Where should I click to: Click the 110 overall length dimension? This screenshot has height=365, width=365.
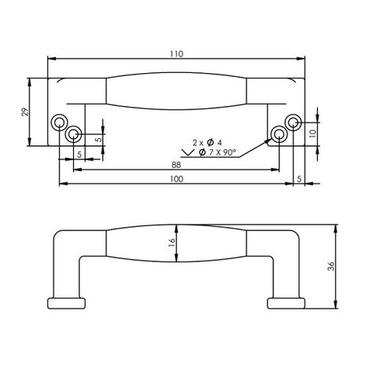[x=176, y=53]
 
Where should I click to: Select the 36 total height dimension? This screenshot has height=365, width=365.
[x=330, y=266]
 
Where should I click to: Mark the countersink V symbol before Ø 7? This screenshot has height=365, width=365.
[x=188, y=151]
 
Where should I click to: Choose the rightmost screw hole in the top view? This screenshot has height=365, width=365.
[x=293, y=122]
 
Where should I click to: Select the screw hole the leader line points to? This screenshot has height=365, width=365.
[x=278, y=134]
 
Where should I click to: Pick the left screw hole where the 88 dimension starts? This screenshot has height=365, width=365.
[x=75, y=134]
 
